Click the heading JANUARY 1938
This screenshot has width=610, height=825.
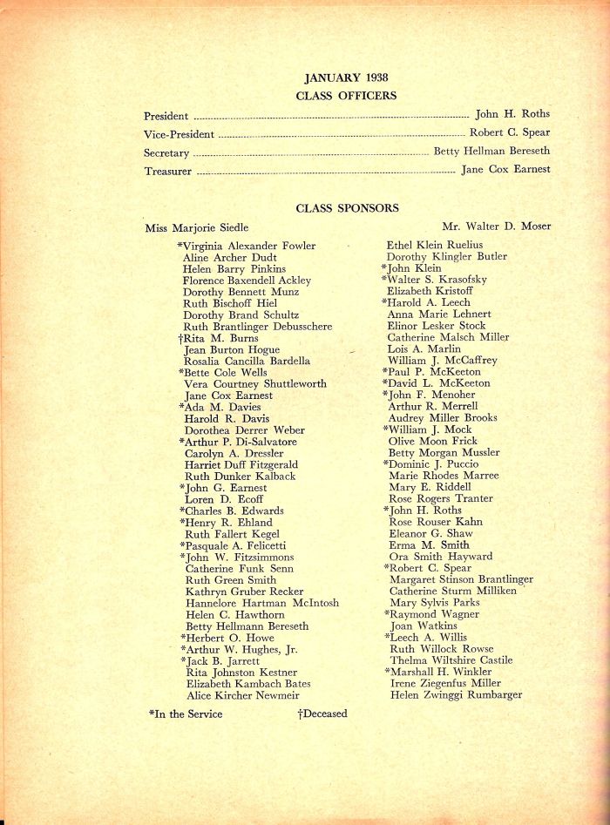346,78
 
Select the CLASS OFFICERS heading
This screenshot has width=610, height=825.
346,96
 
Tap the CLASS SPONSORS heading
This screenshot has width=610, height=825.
347,208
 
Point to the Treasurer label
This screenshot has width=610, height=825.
167,172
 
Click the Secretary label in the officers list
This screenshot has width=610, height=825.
166,153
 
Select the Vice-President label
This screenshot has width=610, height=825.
178,135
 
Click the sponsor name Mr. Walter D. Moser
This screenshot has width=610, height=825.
496,227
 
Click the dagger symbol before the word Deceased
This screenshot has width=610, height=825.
300,713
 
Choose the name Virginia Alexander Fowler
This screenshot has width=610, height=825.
248,246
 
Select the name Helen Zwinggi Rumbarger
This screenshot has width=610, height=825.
456,695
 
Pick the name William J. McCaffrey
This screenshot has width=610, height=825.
442,360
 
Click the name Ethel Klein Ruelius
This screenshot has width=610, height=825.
434,245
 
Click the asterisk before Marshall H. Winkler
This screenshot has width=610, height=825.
386,672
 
